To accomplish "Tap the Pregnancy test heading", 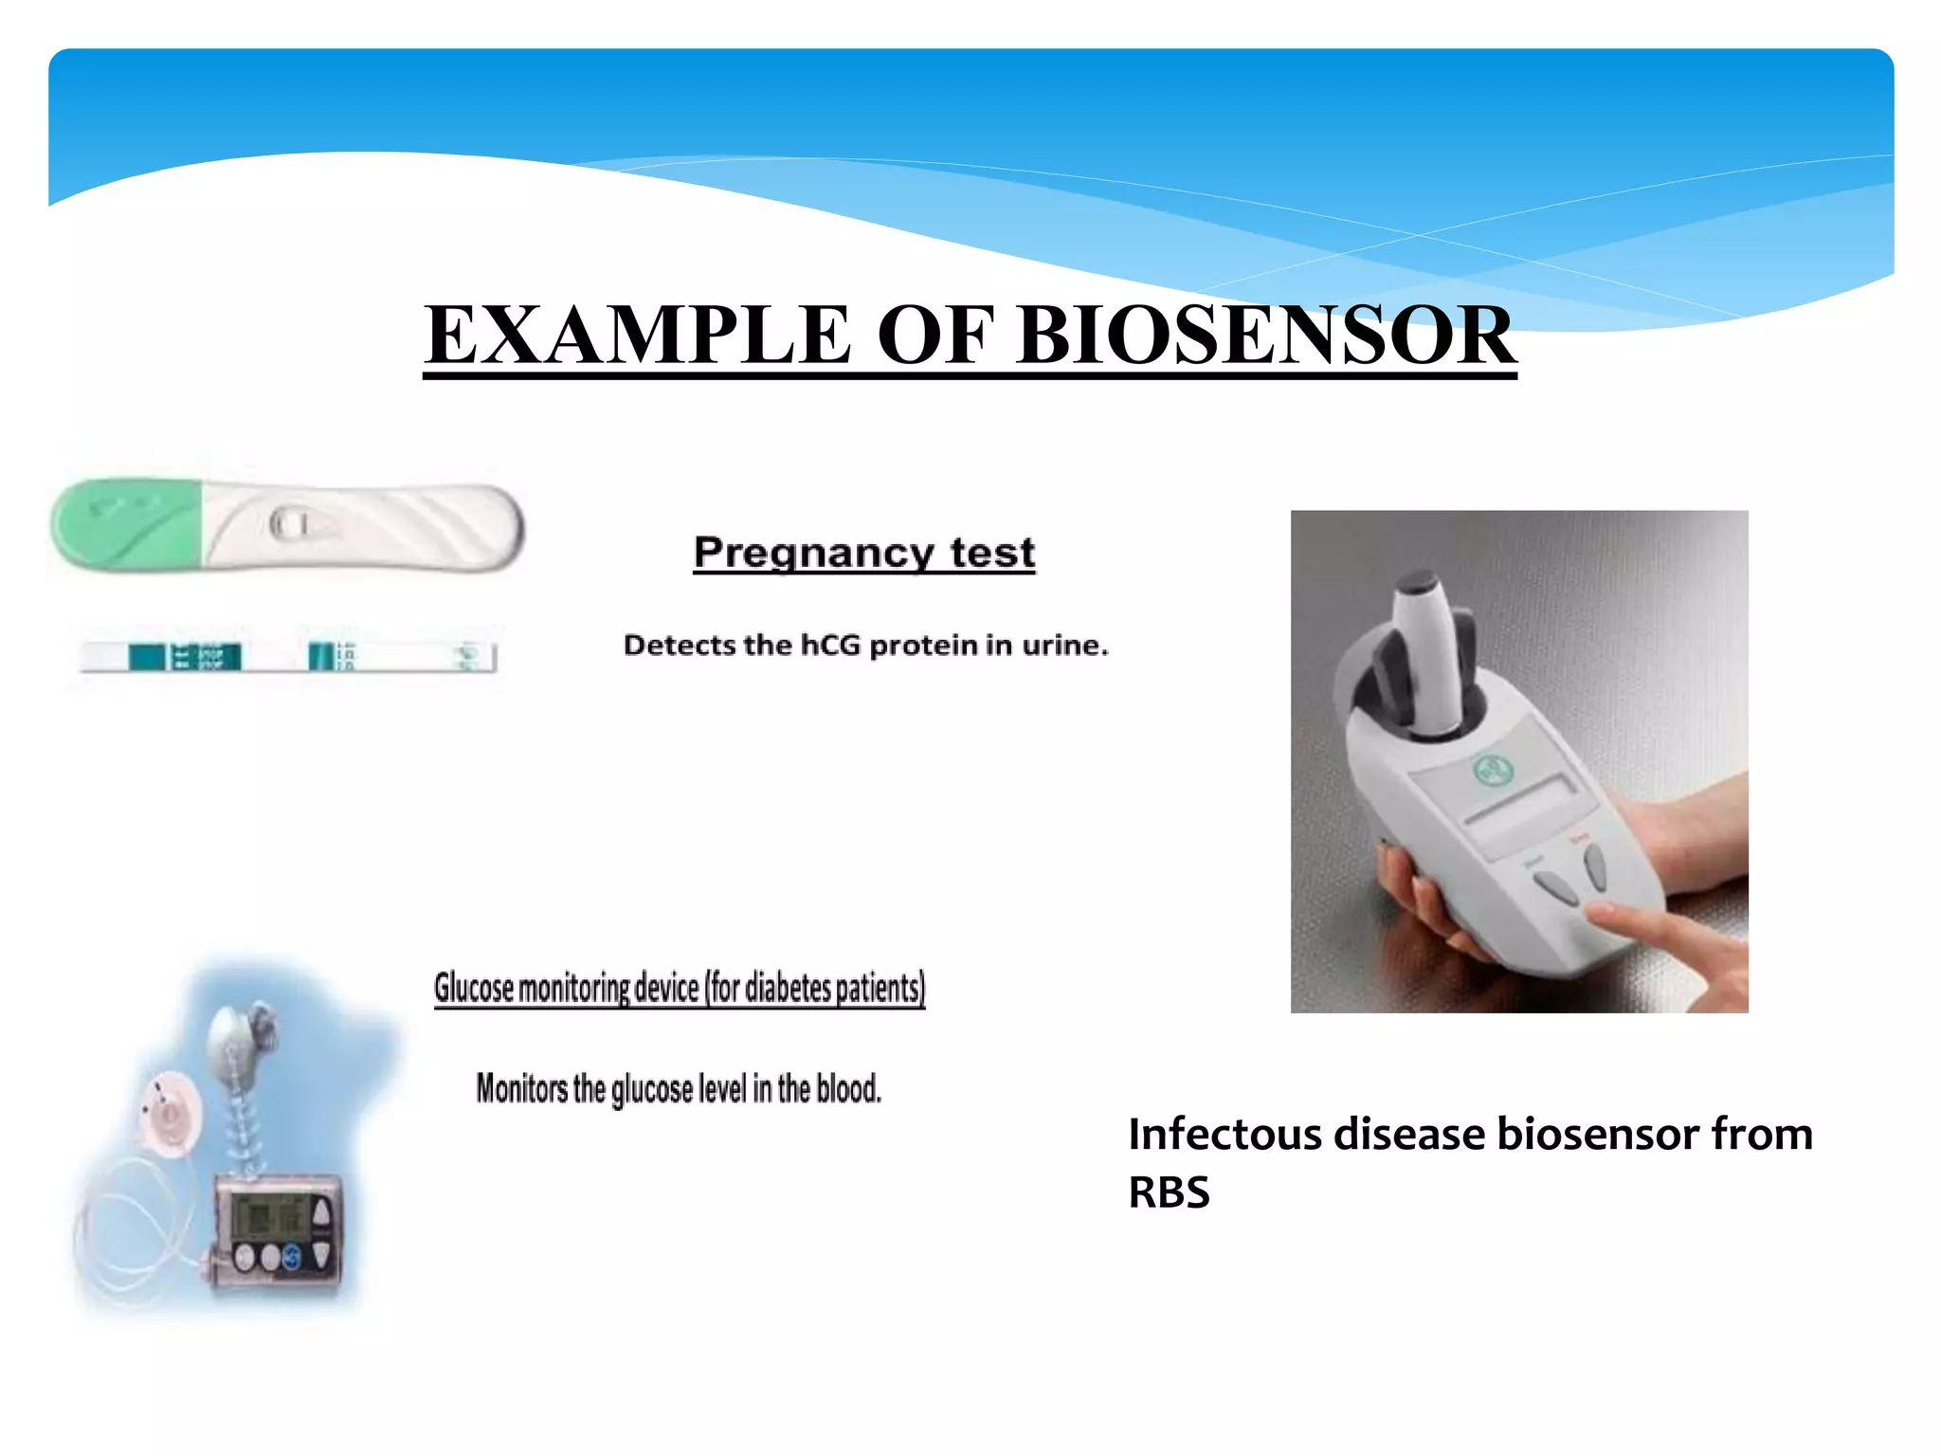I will click(863, 553).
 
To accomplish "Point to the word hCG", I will click(832, 646).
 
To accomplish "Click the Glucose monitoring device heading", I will click(679, 988).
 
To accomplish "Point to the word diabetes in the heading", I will click(788, 988).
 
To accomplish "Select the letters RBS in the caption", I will click(1169, 1192).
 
